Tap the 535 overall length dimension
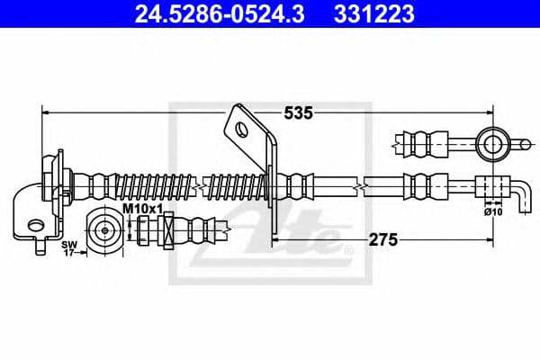point(298,113)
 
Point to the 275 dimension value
point(382,240)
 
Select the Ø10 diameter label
point(491,213)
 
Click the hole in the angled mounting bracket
point(241,129)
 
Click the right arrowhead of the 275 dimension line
point(487,240)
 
